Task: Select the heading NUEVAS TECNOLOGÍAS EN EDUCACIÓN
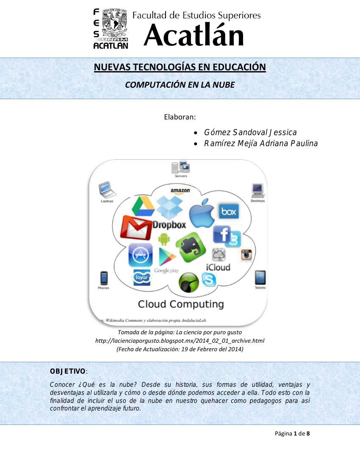(x=180, y=67)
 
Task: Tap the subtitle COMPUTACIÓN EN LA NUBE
(x=180, y=85)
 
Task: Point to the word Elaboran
(x=180, y=116)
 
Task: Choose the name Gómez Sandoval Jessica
(x=250, y=132)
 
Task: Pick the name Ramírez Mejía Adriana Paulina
(x=260, y=144)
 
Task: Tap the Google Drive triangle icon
(x=143, y=206)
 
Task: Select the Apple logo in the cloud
(x=202, y=213)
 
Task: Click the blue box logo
(x=229, y=211)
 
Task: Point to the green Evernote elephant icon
(x=191, y=249)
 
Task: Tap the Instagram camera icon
(x=246, y=254)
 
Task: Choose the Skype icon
(x=208, y=280)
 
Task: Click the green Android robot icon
(x=164, y=240)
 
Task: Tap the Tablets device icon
(x=260, y=278)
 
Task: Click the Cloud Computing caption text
(x=181, y=304)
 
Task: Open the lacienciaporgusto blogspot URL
(x=180, y=341)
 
